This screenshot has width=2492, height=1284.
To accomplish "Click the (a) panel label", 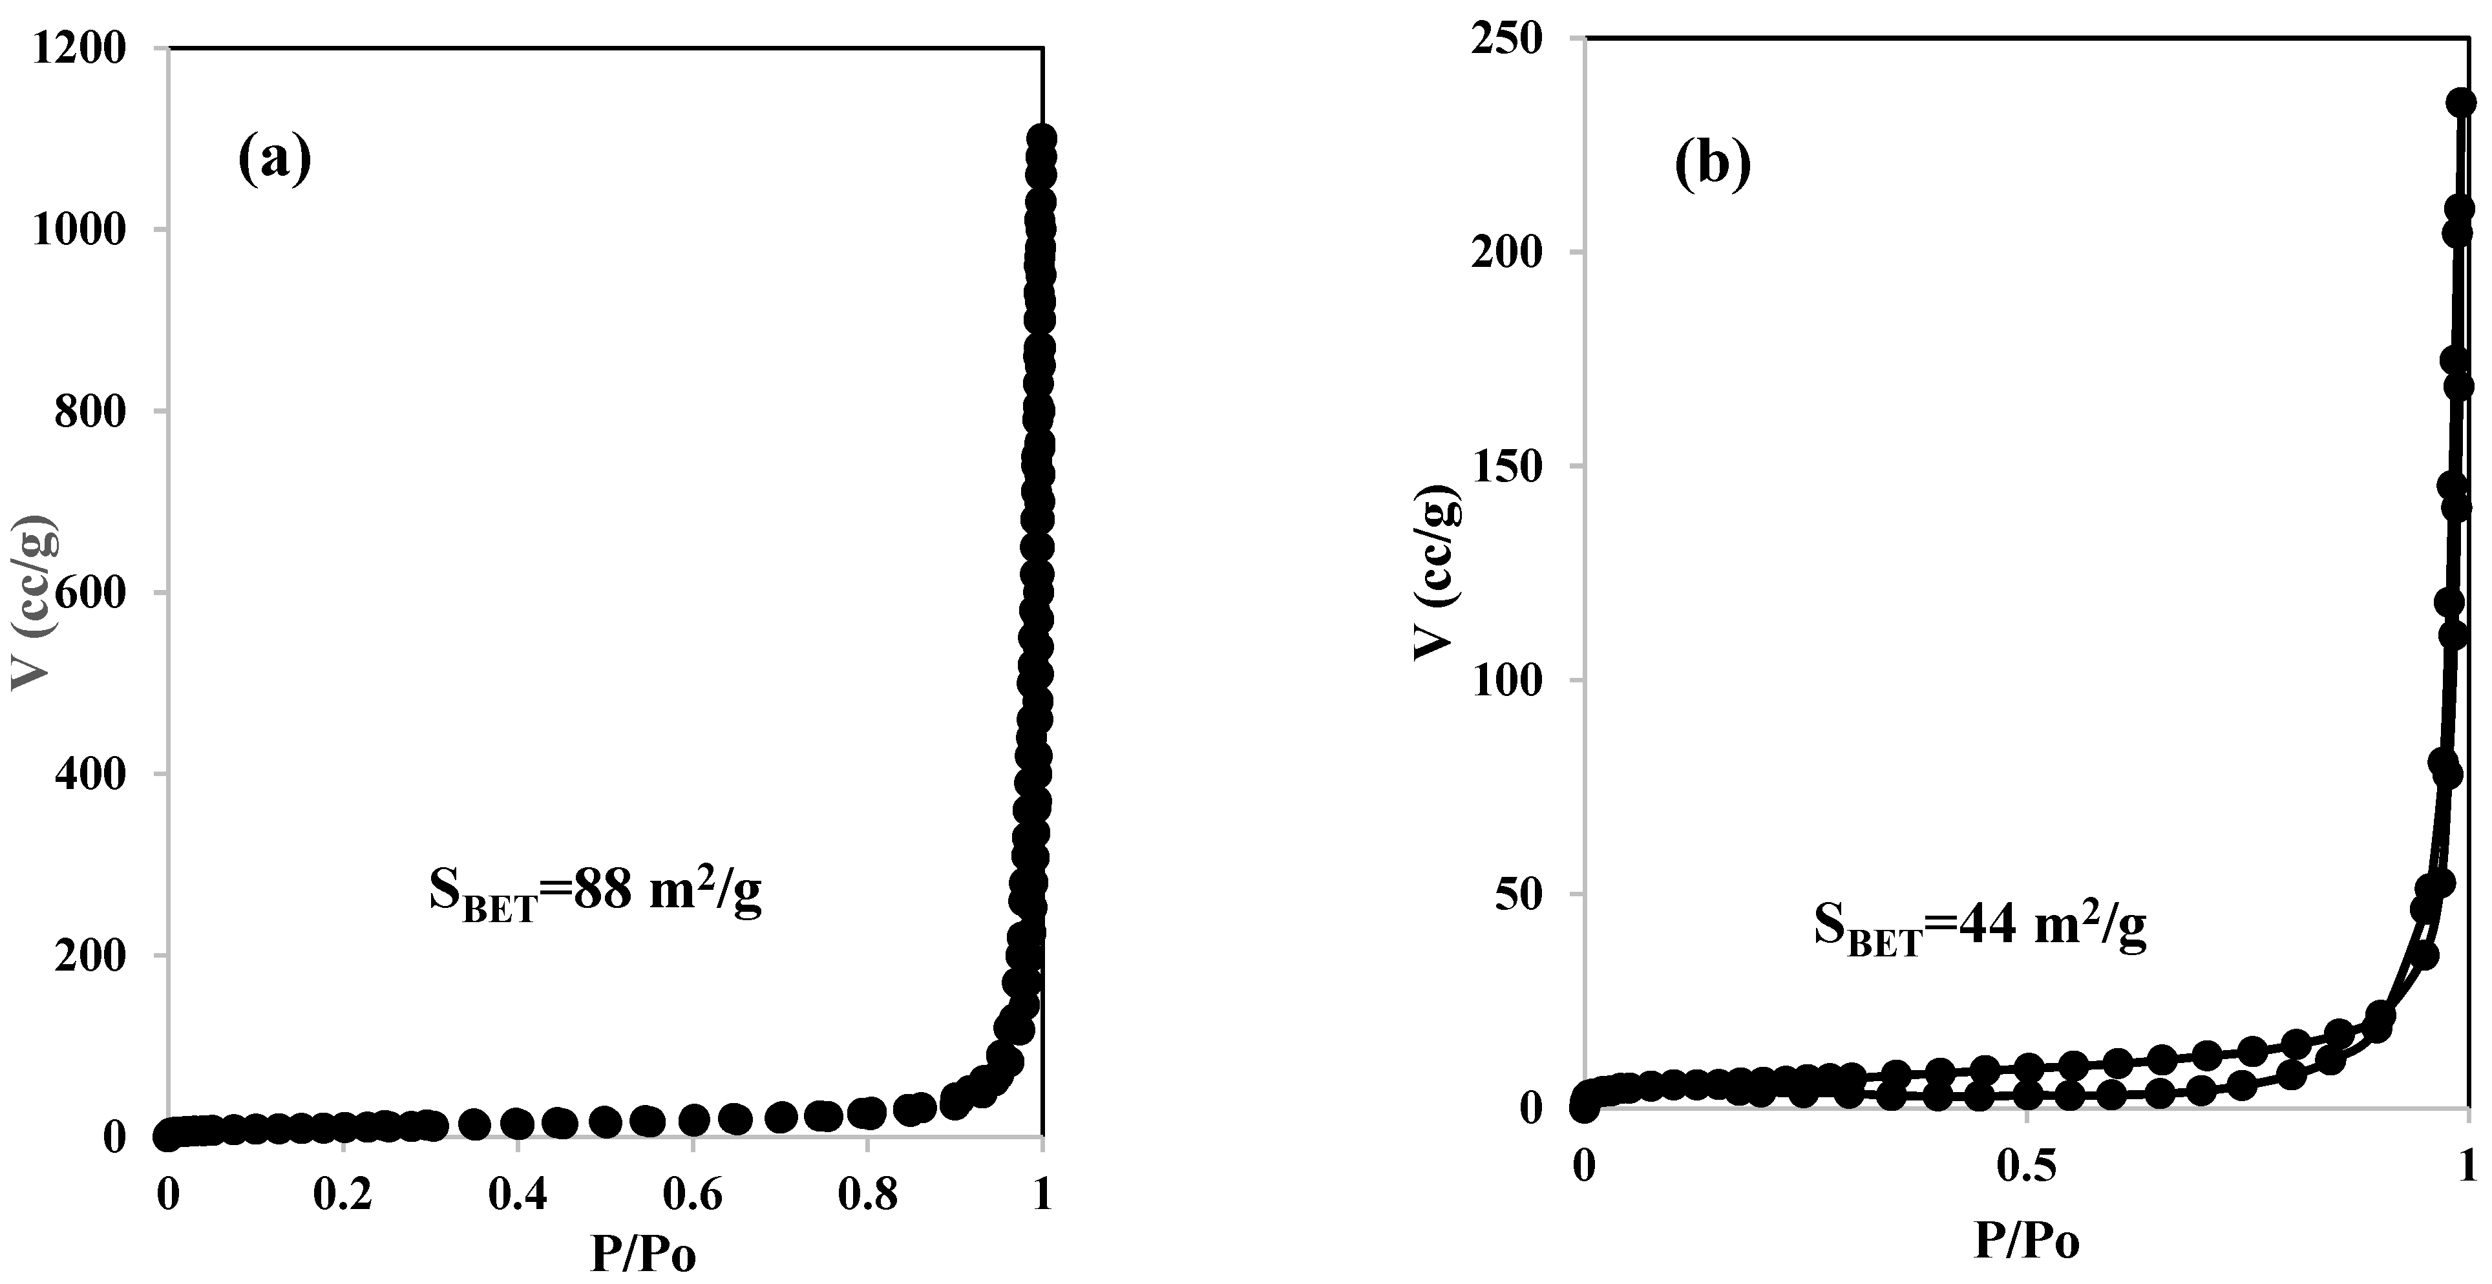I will (x=275, y=160).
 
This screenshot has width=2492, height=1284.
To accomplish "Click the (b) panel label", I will (x=1713, y=167).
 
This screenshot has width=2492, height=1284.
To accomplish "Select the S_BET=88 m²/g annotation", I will (x=595, y=893).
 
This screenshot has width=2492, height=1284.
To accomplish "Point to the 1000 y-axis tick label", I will (x=79, y=230).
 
